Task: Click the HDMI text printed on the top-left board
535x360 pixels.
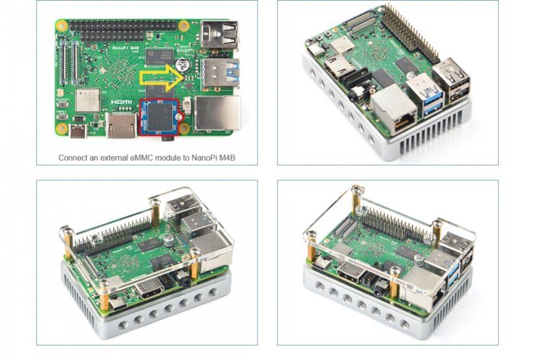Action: (120, 102)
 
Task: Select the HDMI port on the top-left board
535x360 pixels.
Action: (120, 126)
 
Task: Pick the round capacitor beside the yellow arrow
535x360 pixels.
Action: (184, 65)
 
